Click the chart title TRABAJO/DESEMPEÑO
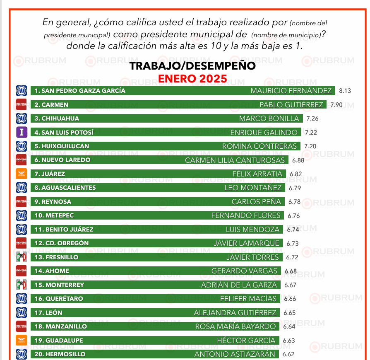point(192,66)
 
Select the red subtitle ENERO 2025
point(192,78)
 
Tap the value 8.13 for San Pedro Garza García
point(345,91)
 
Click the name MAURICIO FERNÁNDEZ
point(291,91)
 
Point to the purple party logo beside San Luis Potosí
point(21,132)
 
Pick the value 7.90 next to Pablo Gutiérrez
point(336,105)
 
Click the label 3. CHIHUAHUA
point(57,118)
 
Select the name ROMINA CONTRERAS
point(259,146)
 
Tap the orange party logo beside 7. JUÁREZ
point(21,174)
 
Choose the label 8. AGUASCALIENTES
point(65,188)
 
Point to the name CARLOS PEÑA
point(256,202)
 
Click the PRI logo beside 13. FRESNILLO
point(21,257)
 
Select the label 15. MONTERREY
point(59,285)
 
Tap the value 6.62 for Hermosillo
point(288,355)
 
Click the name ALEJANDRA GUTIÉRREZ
point(235,313)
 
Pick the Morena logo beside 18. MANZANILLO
point(21,326)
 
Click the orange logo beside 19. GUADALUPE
point(21,341)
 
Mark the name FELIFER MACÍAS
point(248,299)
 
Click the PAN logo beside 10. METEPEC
point(21,215)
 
